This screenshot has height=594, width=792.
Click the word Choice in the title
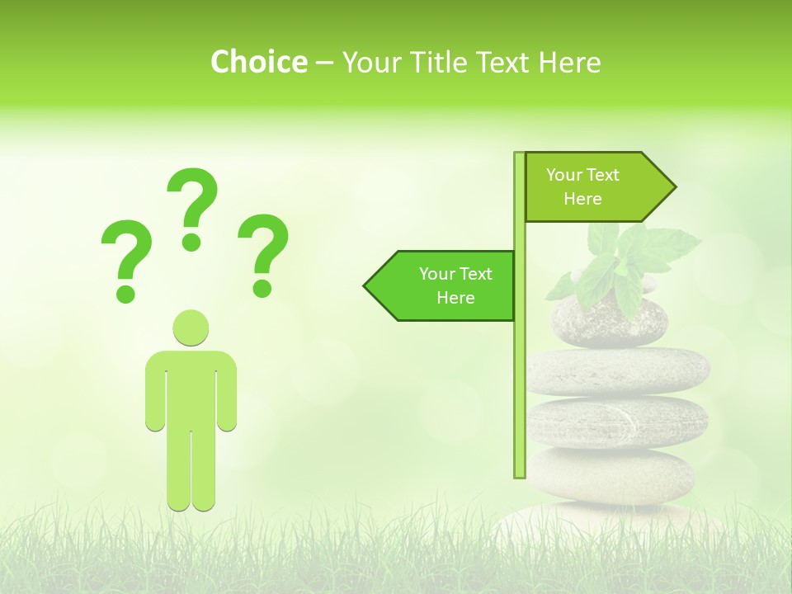point(258,62)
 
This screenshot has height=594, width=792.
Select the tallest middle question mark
point(192,206)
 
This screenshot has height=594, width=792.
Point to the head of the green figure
point(191,328)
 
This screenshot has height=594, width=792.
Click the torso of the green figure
point(191,388)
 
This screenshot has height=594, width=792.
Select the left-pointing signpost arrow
point(441,285)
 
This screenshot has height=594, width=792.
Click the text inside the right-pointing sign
point(582,186)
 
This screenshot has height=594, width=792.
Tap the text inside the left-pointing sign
point(455,285)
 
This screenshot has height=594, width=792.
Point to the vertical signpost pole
point(520,371)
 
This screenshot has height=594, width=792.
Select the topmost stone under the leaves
point(606,323)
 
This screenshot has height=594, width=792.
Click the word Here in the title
point(569,62)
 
